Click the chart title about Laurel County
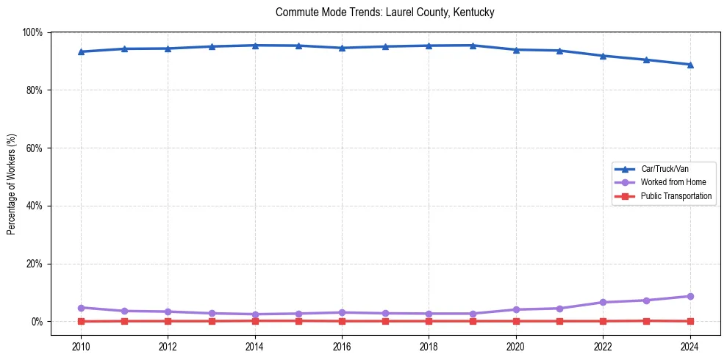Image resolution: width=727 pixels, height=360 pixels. pos(384,12)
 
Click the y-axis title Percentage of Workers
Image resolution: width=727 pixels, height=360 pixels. pos(12,184)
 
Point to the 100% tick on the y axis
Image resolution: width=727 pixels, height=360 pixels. pos(32,32)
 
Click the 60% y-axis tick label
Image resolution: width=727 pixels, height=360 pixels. pos(34,148)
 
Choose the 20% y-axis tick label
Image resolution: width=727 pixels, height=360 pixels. pos(34,264)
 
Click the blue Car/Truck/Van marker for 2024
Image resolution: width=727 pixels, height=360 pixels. pos(690,65)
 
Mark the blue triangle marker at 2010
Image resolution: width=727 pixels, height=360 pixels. pos(81,51)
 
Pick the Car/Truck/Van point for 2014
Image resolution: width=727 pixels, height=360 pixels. pos(255,46)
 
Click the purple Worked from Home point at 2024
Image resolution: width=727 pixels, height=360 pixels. pos(690,296)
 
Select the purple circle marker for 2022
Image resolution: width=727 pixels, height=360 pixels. pos(603,302)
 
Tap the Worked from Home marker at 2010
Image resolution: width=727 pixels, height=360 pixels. pos(81,308)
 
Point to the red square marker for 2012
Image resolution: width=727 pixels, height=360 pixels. pos(168,321)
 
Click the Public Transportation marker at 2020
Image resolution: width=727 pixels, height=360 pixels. pos(516,321)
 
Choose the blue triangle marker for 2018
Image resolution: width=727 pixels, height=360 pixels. pos(429,46)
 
